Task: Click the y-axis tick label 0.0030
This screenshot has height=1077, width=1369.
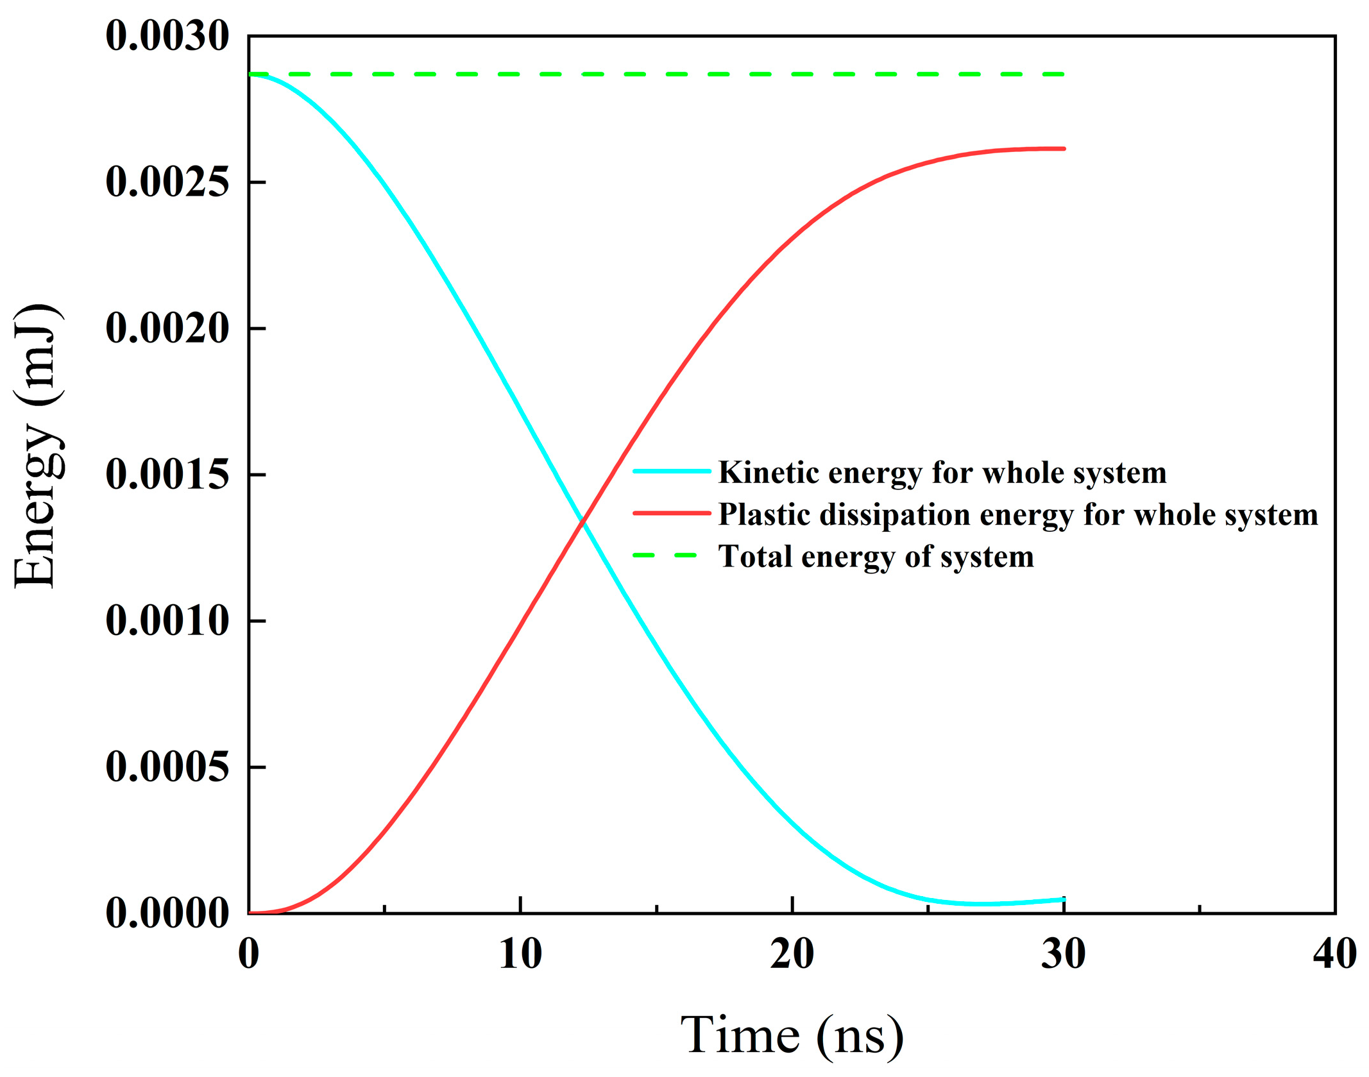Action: coord(167,36)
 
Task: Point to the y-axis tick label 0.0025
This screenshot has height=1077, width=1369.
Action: coord(167,182)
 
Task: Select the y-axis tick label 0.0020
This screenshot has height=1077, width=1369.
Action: coord(167,328)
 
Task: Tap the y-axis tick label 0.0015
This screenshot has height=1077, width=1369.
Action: coord(167,475)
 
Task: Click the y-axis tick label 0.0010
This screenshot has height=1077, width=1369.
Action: coord(167,621)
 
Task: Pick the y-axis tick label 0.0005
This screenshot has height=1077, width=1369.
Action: coord(167,767)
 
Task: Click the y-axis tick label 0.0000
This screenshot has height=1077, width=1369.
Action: coord(167,913)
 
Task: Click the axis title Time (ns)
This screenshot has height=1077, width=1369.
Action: coord(792,1034)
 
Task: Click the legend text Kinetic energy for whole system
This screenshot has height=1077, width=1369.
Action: coord(942,473)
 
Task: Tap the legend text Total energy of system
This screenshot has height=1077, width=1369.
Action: coord(876,556)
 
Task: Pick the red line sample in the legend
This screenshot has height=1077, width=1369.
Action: coord(672,513)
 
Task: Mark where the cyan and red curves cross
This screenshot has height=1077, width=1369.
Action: coord(582,521)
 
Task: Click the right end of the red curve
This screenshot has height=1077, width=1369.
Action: coord(1064,149)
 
